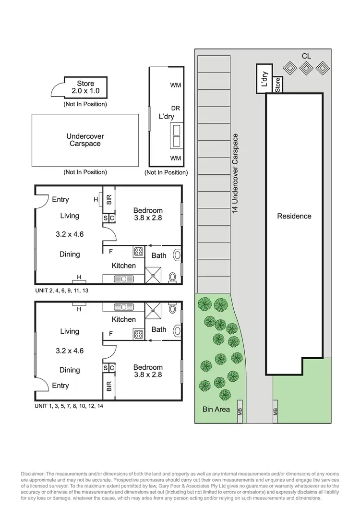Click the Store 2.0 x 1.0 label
(x=86, y=87)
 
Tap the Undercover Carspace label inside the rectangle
(x=85, y=140)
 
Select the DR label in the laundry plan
(x=175, y=109)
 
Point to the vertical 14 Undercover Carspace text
(x=235, y=174)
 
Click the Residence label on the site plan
(x=294, y=216)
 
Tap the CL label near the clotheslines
(x=306, y=56)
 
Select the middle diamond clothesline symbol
(x=306, y=69)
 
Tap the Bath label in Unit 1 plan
(x=159, y=329)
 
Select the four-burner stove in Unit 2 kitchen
(x=139, y=251)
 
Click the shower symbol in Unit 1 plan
(x=154, y=309)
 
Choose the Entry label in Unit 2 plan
(x=60, y=200)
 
